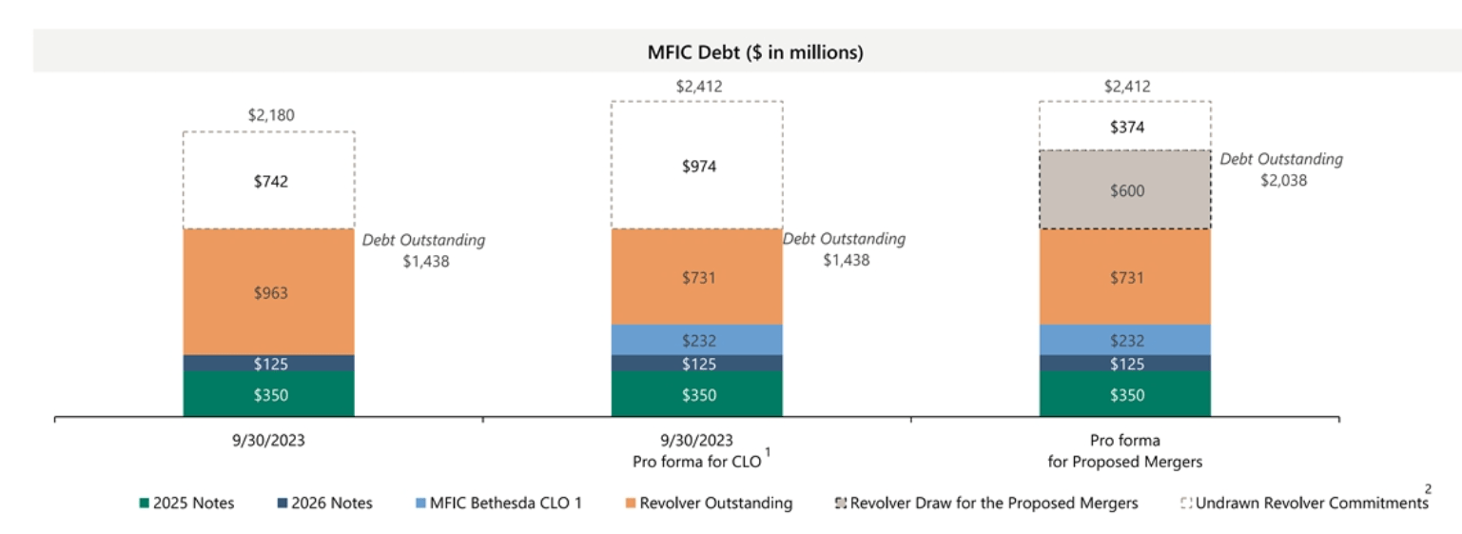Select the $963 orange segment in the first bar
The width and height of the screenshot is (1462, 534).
pyautogui.click(x=269, y=292)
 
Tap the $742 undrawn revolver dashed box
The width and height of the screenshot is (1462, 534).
pyautogui.click(x=269, y=181)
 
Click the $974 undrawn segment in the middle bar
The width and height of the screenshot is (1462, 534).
pyautogui.click(x=697, y=166)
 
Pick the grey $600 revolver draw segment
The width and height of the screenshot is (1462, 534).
pyautogui.click(x=1125, y=190)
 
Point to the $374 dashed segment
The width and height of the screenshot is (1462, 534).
pyautogui.click(x=1125, y=127)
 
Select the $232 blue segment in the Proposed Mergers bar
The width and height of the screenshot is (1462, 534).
pyautogui.click(x=1125, y=340)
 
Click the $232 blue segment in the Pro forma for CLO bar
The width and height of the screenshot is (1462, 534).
pyautogui.click(x=697, y=340)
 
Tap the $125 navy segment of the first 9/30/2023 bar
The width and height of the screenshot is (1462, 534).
pyautogui.click(x=269, y=364)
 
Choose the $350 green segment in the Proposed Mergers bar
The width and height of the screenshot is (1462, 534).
pyautogui.click(x=1125, y=394)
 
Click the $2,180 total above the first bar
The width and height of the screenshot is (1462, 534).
pyautogui.click(x=271, y=115)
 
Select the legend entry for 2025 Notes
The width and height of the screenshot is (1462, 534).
pyautogui.click(x=187, y=503)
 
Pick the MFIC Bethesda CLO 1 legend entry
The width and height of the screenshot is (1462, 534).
pyautogui.click(x=499, y=503)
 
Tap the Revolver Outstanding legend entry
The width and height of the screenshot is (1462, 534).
pyautogui.click(x=708, y=503)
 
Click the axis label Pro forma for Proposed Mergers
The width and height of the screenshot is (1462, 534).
pyautogui.click(x=1126, y=451)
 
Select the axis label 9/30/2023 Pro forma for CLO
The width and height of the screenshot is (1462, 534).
pyautogui.click(x=697, y=451)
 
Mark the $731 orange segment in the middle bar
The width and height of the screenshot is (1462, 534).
pyautogui.click(x=697, y=277)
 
